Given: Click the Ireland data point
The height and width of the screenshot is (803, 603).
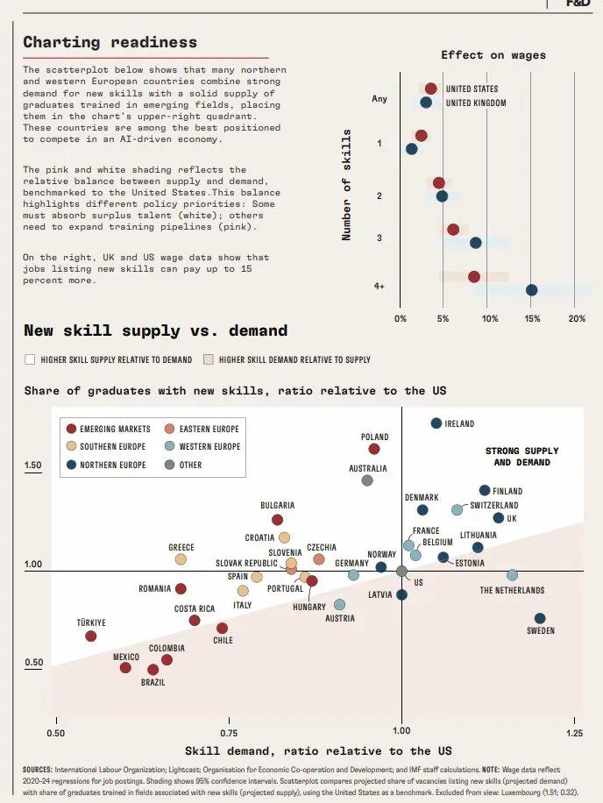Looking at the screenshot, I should coord(436,423).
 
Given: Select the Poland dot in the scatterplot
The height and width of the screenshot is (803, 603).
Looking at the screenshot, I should coord(374,449).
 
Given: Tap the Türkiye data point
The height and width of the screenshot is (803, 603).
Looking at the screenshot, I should coord(90,636).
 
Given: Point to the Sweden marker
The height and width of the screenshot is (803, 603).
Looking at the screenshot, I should coord(540,618).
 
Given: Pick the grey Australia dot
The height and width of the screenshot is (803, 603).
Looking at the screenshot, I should coord(367,480).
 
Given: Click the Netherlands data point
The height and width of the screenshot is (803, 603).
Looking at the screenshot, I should coord(512,575).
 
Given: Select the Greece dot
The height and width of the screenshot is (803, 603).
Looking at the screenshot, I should coord(181,559).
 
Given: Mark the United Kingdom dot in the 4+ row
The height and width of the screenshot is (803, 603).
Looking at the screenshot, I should coord(531,290).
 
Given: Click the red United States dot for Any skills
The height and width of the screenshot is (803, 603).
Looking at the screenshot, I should coord(430,89).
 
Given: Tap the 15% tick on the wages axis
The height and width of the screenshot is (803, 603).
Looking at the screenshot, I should coord(532,317).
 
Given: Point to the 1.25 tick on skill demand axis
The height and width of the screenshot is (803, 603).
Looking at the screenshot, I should coord(574,732).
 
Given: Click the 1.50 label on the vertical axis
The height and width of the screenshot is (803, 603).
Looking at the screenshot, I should coord(32,465).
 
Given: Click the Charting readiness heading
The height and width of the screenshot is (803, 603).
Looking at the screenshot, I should coord(110,42).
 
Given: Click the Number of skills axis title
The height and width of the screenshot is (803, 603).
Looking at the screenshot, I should coord(347,184).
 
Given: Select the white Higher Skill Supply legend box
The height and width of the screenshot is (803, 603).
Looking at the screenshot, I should coord(30,359).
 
